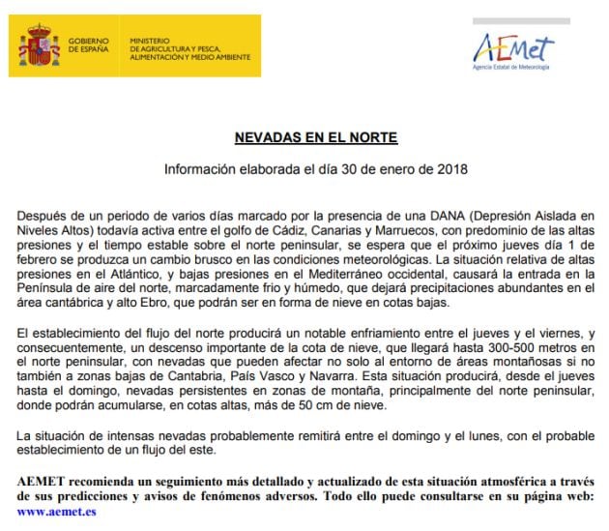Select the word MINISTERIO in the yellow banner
149,34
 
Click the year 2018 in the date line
450,169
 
